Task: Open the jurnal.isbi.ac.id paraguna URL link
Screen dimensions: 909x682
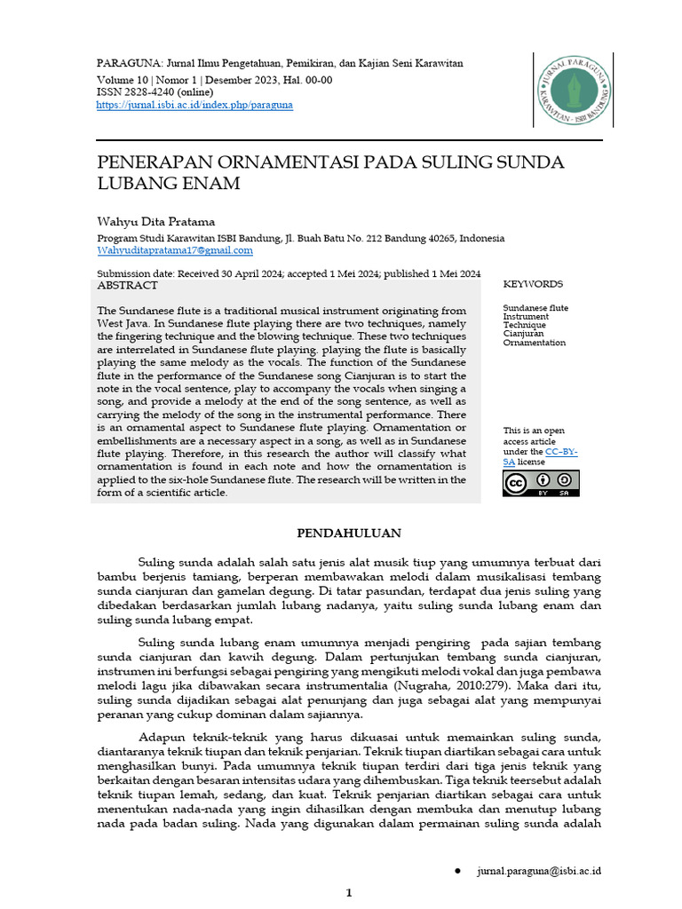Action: (x=194, y=105)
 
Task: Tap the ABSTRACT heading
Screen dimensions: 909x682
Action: (x=127, y=286)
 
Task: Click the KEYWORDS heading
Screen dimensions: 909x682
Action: (x=533, y=284)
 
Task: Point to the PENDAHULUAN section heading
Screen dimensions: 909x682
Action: (x=348, y=534)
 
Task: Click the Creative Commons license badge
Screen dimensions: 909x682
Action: (x=541, y=482)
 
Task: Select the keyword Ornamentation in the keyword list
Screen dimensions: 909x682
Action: (x=534, y=343)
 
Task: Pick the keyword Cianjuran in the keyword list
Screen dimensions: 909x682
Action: (x=525, y=334)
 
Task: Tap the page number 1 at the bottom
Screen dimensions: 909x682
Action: (x=349, y=893)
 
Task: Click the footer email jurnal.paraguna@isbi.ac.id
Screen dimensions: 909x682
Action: (x=538, y=871)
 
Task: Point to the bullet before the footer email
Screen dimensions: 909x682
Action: (x=457, y=871)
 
